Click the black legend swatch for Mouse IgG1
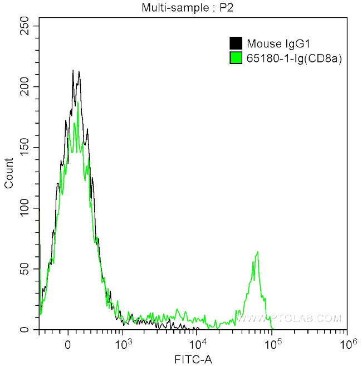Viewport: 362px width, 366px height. (x=236, y=43)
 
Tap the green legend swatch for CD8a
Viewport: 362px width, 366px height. (x=236, y=57)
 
